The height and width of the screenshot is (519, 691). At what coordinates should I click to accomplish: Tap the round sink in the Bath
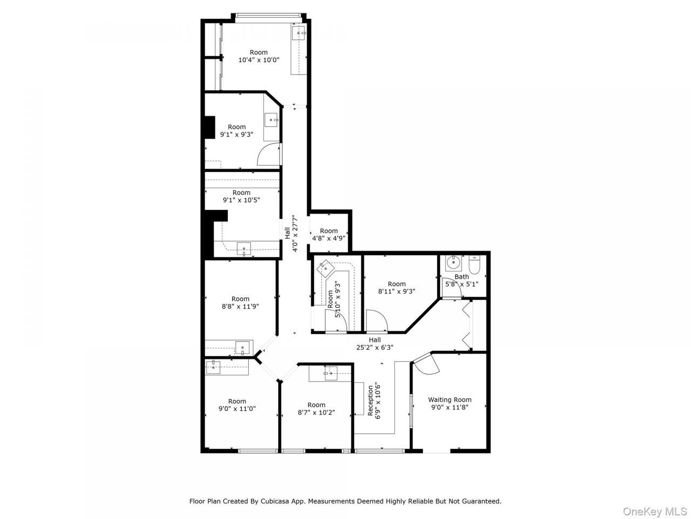click(453, 263)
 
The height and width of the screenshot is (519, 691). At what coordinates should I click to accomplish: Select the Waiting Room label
click(450, 400)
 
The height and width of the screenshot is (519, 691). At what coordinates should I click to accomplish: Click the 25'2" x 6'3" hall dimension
click(375, 347)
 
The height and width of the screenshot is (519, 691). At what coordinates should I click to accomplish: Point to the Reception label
click(370, 401)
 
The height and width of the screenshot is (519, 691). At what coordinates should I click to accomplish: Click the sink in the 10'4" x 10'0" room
click(299, 33)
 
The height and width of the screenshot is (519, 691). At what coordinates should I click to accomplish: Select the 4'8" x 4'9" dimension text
click(329, 238)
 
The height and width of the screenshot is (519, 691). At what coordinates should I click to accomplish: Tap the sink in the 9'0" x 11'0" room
click(213, 368)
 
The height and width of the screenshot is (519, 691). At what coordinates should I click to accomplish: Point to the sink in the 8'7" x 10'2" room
click(331, 373)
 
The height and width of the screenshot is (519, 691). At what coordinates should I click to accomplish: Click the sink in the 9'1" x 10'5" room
click(243, 249)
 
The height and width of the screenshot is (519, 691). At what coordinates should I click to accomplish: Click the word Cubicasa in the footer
click(273, 501)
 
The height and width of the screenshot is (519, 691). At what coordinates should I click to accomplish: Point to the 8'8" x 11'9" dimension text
click(241, 307)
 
